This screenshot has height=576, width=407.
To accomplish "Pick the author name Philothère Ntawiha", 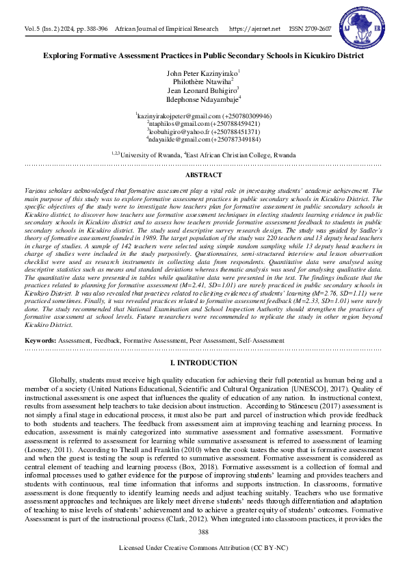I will pos(203,81).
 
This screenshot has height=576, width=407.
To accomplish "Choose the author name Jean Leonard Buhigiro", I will pos(202,90).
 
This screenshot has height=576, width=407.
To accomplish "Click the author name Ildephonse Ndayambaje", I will pos(202,99).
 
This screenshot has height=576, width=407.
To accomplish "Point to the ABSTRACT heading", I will pos(203,175).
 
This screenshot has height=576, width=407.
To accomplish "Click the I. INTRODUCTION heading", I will pos(203,360).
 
